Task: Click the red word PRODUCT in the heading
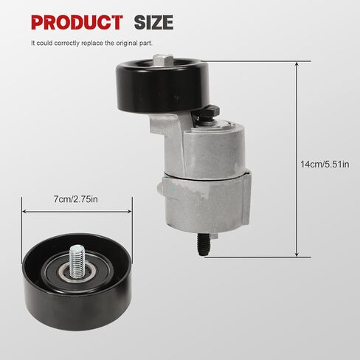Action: click(x=77, y=22)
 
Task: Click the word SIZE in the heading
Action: click(x=153, y=22)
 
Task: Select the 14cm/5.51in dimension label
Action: click(x=325, y=164)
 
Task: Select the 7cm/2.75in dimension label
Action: click(x=76, y=199)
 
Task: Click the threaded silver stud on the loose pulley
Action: click(x=77, y=261)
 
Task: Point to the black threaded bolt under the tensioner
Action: click(x=203, y=244)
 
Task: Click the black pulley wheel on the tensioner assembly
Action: click(x=162, y=86)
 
